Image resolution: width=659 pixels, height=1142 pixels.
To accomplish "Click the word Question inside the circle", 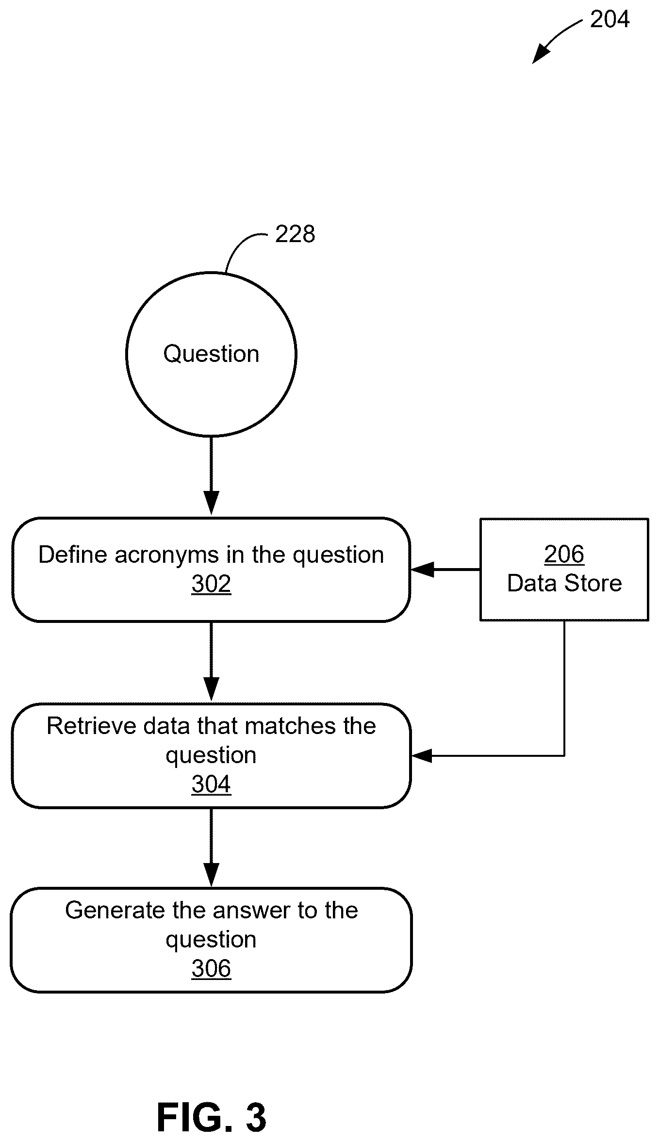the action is (x=211, y=354).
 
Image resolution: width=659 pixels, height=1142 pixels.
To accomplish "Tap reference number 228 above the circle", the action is (x=295, y=234).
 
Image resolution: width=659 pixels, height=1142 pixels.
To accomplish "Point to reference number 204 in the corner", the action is (x=610, y=19).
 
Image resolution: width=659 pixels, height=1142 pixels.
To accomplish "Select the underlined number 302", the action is (x=211, y=584).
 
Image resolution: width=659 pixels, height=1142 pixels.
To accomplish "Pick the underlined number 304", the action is (x=211, y=784).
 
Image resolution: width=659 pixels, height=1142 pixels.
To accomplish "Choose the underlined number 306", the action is (x=211, y=969).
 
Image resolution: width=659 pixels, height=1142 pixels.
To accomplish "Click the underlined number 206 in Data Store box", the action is (x=564, y=554).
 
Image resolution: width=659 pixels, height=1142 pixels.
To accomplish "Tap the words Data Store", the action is (x=564, y=583).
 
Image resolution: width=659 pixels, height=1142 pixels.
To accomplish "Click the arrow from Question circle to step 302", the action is (x=211, y=475).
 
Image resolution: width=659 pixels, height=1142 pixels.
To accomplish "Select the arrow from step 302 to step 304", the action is (x=211, y=661).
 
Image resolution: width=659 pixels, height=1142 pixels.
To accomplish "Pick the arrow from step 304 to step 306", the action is (x=211, y=847).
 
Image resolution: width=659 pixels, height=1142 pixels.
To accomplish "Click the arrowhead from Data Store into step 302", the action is (x=422, y=570).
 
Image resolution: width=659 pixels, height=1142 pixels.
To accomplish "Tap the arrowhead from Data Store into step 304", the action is (x=422, y=755).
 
